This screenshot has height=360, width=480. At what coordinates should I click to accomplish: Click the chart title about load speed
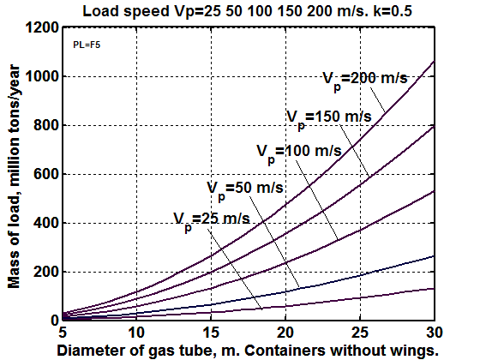[248, 11]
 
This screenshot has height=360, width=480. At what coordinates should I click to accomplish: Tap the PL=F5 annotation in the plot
[87, 45]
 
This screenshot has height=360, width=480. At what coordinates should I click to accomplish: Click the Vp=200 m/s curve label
[365, 81]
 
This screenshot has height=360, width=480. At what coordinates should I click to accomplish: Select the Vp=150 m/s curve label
[329, 119]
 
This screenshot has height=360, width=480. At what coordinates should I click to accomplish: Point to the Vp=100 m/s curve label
[299, 153]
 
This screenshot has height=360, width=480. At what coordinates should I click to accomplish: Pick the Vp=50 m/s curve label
[245, 189]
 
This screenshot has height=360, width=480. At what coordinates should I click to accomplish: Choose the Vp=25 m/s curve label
[212, 221]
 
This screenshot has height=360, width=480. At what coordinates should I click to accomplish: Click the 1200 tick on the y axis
[42, 27]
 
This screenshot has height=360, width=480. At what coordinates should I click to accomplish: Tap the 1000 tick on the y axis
[42, 76]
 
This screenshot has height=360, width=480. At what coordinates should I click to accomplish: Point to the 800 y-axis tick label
[46, 125]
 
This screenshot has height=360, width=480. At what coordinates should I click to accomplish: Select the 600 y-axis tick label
[46, 174]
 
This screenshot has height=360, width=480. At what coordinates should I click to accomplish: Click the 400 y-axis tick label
[46, 223]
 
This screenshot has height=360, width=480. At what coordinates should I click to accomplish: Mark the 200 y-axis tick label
[46, 272]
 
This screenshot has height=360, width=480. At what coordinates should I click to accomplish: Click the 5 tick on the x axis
[63, 333]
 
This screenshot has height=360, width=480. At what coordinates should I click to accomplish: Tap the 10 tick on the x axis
[136, 333]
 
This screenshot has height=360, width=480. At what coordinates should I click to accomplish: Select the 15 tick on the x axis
[211, 333]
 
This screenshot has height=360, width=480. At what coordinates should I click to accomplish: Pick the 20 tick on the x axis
[285, 333]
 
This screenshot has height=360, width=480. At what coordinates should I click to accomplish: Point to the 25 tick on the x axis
[360, 333]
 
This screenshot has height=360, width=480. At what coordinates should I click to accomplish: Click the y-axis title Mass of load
[14, 177]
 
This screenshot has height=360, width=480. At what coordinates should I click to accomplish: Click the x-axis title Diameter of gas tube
[248, 351]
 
